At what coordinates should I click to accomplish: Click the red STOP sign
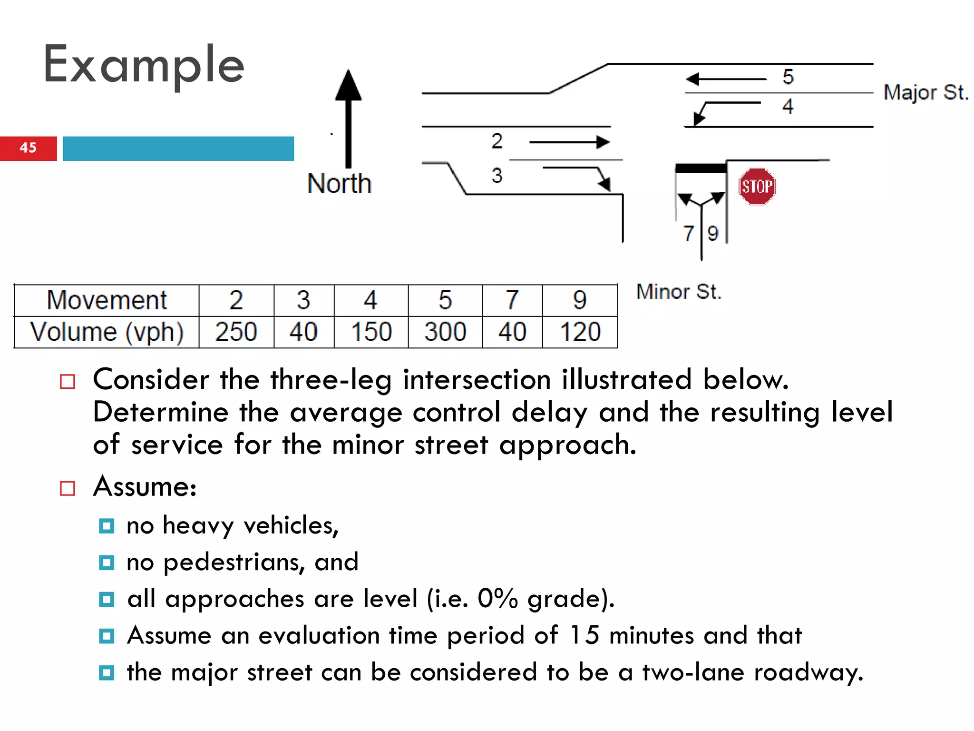[757, 187]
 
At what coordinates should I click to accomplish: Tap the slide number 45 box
[28, 148]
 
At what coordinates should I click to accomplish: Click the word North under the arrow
[339, 184]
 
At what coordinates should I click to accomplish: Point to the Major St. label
[925, 92]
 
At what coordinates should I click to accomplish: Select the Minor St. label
[679, 291]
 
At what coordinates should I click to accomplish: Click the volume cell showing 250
[236, 332]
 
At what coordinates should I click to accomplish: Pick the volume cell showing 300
[445, 332]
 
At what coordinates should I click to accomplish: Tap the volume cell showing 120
[580, 332]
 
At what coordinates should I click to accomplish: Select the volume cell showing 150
[371, 332]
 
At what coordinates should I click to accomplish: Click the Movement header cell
[107, 300]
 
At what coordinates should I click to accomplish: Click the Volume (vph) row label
[107, 332]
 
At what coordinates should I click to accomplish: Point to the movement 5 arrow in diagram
[726, 79]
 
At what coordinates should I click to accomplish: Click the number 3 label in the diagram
[497, 175]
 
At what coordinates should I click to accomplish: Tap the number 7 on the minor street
[688, 233]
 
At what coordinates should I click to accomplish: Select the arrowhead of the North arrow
[349, 86]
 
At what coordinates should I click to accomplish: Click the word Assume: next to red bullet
[145, 487]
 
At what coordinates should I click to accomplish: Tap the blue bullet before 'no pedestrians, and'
[107, 563]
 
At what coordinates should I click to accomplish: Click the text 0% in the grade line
[497, 599]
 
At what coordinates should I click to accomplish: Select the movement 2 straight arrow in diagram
[569, 142]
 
